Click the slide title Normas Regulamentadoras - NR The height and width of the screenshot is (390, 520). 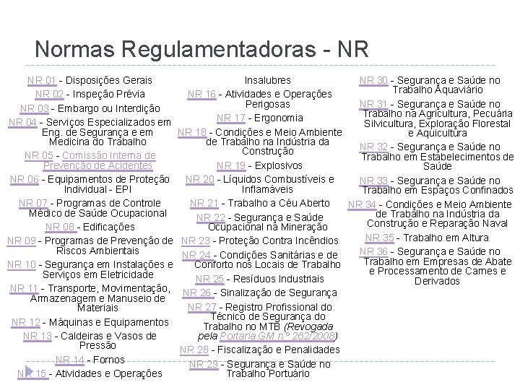click(x=201, y=48)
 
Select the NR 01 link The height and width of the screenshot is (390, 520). click(x=41, y=80)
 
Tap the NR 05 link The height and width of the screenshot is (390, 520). click(x=39, y=155)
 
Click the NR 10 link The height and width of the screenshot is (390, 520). click(x=21, y=264)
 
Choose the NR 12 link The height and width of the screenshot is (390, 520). click(x=26, y=322)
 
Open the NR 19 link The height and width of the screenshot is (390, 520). click(x=230, y=165)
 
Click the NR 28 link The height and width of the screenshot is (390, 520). click(x=194, y=350)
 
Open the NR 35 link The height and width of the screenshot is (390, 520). click(x=380, y=238)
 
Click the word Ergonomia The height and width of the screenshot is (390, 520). click(x=279, y=118)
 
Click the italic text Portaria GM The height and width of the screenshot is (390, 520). click(x=249, y=336)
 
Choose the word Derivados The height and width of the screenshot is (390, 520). click(x=432, y=280)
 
